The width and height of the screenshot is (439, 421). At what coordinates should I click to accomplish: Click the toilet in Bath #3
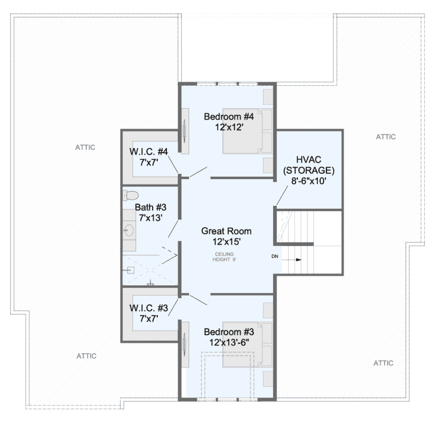pyautogui.click(x=130, y=195)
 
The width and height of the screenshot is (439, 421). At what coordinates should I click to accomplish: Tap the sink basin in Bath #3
pyautogui.click(x=129, y=230)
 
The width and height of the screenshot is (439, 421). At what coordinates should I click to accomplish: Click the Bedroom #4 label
pyautogui.click(x=229, y=117)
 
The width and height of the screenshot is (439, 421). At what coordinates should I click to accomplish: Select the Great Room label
pyautogui.click(x=226, y=231)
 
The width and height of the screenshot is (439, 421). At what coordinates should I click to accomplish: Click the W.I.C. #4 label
pyautogui.click(x=149, y=152)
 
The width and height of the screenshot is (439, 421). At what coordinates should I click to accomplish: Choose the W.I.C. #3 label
pyautogui.click(x=149, y=308)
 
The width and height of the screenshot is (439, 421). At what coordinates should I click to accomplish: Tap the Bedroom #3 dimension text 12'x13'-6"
pyautogui.click(x=229, y=342)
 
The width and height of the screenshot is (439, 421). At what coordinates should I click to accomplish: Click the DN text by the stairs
pyautogui.click(x=274, y=256)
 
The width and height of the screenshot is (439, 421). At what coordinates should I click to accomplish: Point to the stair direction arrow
pyautogui.click(x=292, y=260)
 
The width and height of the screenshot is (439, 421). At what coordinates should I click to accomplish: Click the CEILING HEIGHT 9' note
pyautogui.click(x=224, y=257)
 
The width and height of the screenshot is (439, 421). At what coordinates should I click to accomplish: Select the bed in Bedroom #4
pyautogui.click(x=248, y=131)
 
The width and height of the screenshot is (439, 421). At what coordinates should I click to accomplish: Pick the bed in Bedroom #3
pyautogui.click(x=248, y=344)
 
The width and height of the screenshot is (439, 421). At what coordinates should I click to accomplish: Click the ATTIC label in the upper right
pyautogui.click(x=386, y=137)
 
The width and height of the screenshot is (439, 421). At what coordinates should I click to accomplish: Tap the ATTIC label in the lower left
pyautogui.click(x=86, y=356)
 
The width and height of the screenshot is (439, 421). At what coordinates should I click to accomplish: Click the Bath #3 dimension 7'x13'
pyautogui.click(x=151, y=217)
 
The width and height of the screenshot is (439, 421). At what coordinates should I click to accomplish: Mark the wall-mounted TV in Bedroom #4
pyautogui.click(x=184, y=131)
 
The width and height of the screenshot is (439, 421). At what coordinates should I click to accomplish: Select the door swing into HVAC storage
pyautogui.click(x=282, y=196)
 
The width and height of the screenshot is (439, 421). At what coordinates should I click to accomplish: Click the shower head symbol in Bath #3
pyautogui.click(x=130, y=271)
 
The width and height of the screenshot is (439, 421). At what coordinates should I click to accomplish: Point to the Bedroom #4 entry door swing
pyautogui.click(x=199, y=173)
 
